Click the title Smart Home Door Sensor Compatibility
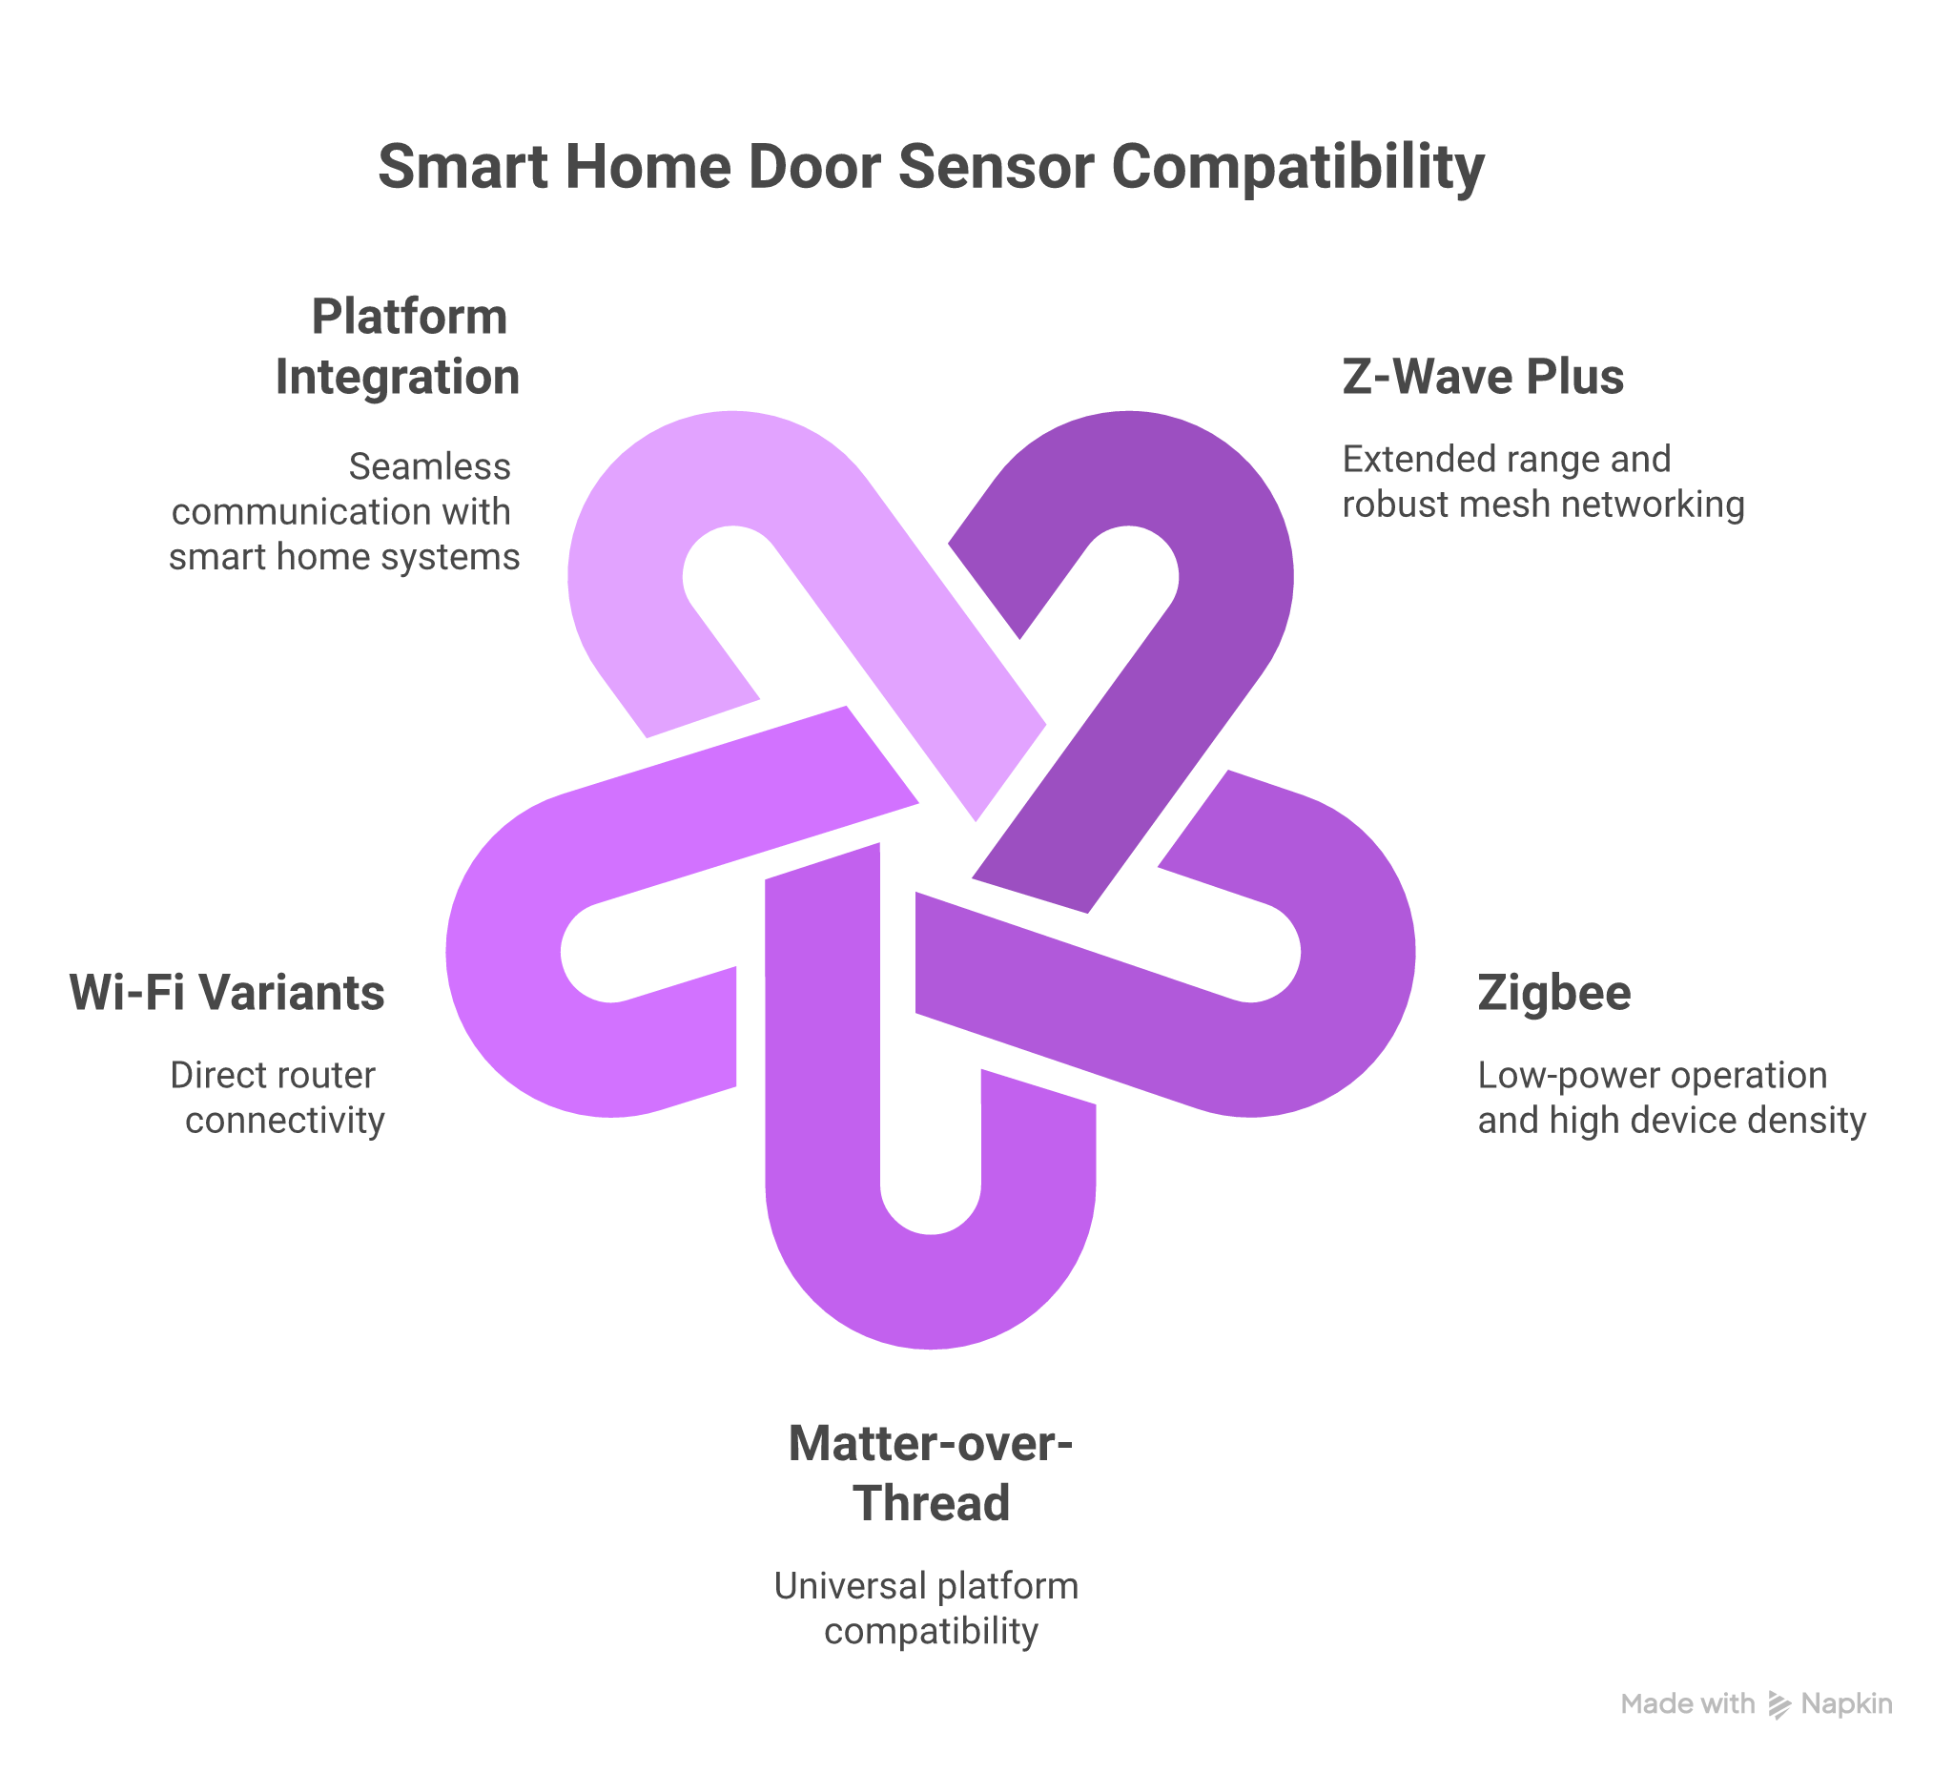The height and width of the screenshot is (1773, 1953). coord(930,167)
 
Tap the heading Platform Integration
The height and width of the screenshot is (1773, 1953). coord(398,347)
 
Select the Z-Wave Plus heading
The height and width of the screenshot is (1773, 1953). coord(1482,377)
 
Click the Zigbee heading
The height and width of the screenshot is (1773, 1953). coord(1552,993)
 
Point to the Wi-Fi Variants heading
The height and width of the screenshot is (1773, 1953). coord(227,993)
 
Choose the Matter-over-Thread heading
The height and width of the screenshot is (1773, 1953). coord(930,1473)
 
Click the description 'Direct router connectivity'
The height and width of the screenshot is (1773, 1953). coord(278,1098)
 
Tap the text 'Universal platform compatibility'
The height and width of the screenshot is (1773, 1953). coord(927,1608)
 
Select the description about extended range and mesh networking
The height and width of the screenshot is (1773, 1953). coord(1542,482)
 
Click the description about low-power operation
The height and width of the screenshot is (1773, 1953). coord(1670,1098)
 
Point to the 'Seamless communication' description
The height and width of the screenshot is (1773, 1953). coord(344,511)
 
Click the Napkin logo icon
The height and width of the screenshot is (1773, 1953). coord(1778,1704)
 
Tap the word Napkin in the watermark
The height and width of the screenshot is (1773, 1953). coord(1845,1704)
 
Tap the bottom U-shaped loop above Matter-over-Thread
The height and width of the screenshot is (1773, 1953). coord(930,1289)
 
